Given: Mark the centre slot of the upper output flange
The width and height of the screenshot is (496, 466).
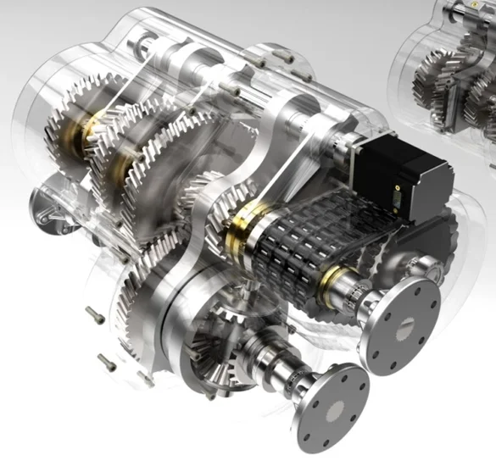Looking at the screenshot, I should (402, 323).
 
